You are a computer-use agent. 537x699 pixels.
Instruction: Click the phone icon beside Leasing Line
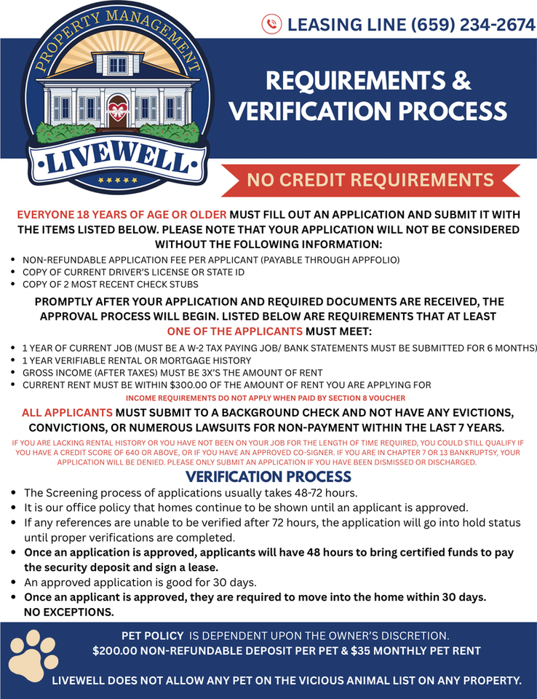[x=271, y=25]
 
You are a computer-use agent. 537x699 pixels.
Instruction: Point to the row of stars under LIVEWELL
[x=117, y=179]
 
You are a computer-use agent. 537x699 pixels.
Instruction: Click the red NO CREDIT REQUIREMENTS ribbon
[x=370, y=180]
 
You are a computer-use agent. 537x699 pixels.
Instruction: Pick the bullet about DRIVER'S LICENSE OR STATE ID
[x=133, y=272]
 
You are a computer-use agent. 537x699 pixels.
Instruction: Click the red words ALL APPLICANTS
[x=67, y=412]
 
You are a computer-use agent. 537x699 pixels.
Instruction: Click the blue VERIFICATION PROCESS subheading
[x=268, y=478]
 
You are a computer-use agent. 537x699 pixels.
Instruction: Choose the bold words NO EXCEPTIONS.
[x=69, y=612]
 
